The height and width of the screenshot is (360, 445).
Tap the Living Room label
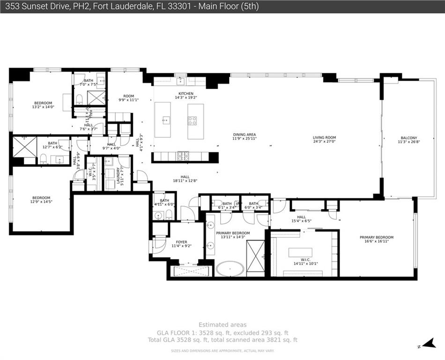pos(324,139)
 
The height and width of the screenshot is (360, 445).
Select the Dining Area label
pos(244,136)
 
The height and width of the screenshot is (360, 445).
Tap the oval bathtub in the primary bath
pos(230,269)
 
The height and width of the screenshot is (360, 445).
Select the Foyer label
pos(181,244)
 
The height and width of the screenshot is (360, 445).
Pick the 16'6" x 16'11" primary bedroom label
pos(376,240)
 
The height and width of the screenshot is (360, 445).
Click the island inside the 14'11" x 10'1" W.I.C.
pos(300,253)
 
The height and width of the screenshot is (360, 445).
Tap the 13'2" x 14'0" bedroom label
pos(43,105)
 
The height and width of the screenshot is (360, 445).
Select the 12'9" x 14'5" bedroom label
pos(41,200)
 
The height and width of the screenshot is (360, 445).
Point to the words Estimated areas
pos(222,324)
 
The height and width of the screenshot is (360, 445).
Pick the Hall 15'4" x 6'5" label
pos(301,219)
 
